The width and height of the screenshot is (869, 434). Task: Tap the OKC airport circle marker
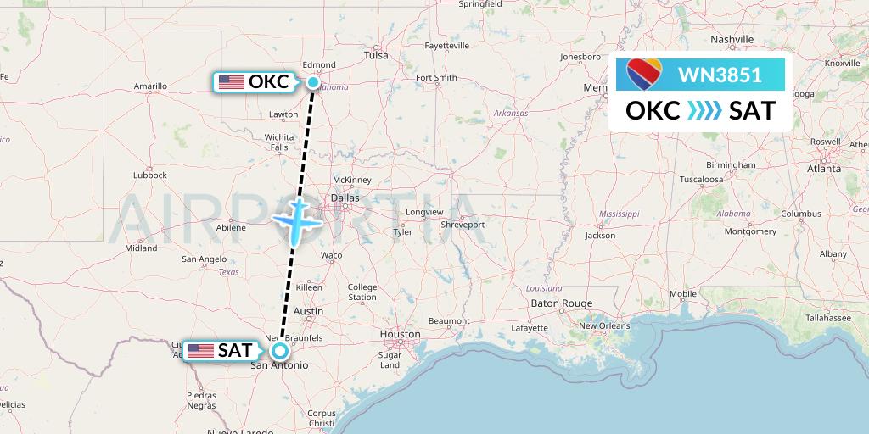point(313,82)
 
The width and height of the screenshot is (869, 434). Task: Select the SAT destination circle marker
point(279,350)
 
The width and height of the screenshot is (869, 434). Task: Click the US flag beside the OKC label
point(231,82)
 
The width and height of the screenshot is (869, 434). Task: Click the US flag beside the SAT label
point(200,350)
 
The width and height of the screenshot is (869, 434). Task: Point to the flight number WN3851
point(720,75)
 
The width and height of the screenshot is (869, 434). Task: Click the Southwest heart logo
point(645,75)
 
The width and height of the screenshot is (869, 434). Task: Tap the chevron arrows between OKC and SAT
point(704,111)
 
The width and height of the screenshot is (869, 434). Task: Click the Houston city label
point(399,335)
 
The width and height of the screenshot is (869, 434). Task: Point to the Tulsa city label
point(375,55)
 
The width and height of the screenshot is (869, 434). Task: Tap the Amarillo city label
point(150,86)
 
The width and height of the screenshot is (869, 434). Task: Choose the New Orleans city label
point(603,325)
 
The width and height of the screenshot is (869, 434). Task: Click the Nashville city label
point(732,40)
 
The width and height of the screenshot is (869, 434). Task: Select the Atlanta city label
point(823,169)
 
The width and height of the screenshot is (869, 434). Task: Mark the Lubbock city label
point(149,175)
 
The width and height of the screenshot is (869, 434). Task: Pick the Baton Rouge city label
point(561,303)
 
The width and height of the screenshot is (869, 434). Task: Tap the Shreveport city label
point(463,225)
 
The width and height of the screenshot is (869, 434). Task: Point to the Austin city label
point(308,311)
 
